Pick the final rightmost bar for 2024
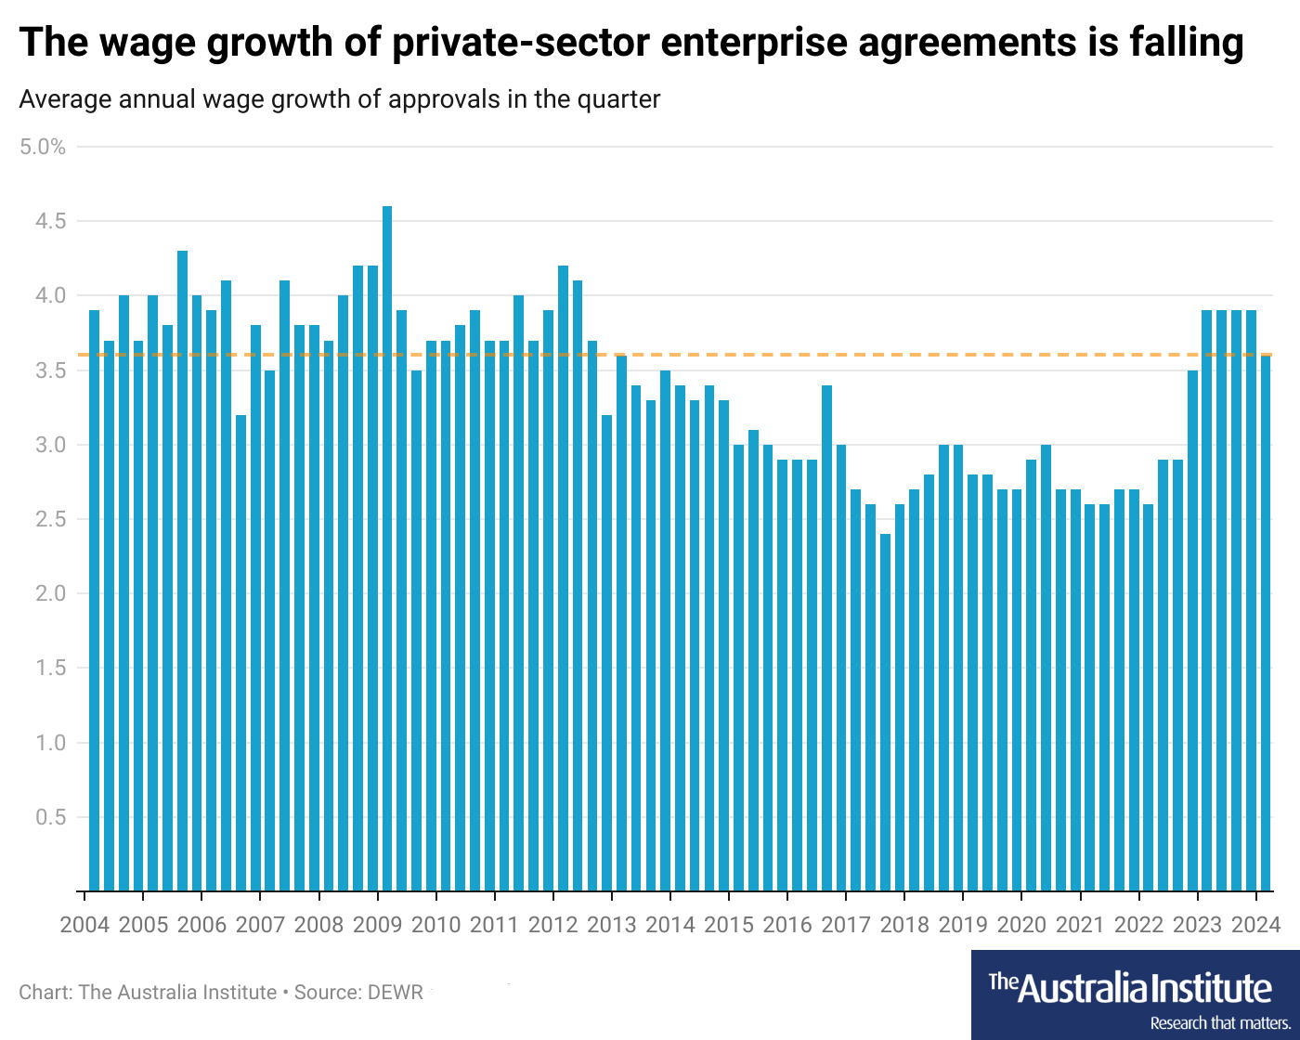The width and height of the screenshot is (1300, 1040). click(x=1266, y=623)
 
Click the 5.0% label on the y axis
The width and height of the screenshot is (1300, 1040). click(x=43, y=147)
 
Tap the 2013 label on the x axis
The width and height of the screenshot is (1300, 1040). click(x=612, y=925)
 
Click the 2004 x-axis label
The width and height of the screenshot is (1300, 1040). click(x=84, y=925)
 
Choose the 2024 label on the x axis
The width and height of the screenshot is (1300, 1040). click(x=1255, y=925)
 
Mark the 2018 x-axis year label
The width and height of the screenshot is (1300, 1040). click(x=904, y=925)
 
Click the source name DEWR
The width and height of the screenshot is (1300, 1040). click(x=396, y=992)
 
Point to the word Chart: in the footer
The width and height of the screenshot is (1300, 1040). click(x=45, y=992)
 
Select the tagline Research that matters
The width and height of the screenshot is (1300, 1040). click(x=1219, y=1023)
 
